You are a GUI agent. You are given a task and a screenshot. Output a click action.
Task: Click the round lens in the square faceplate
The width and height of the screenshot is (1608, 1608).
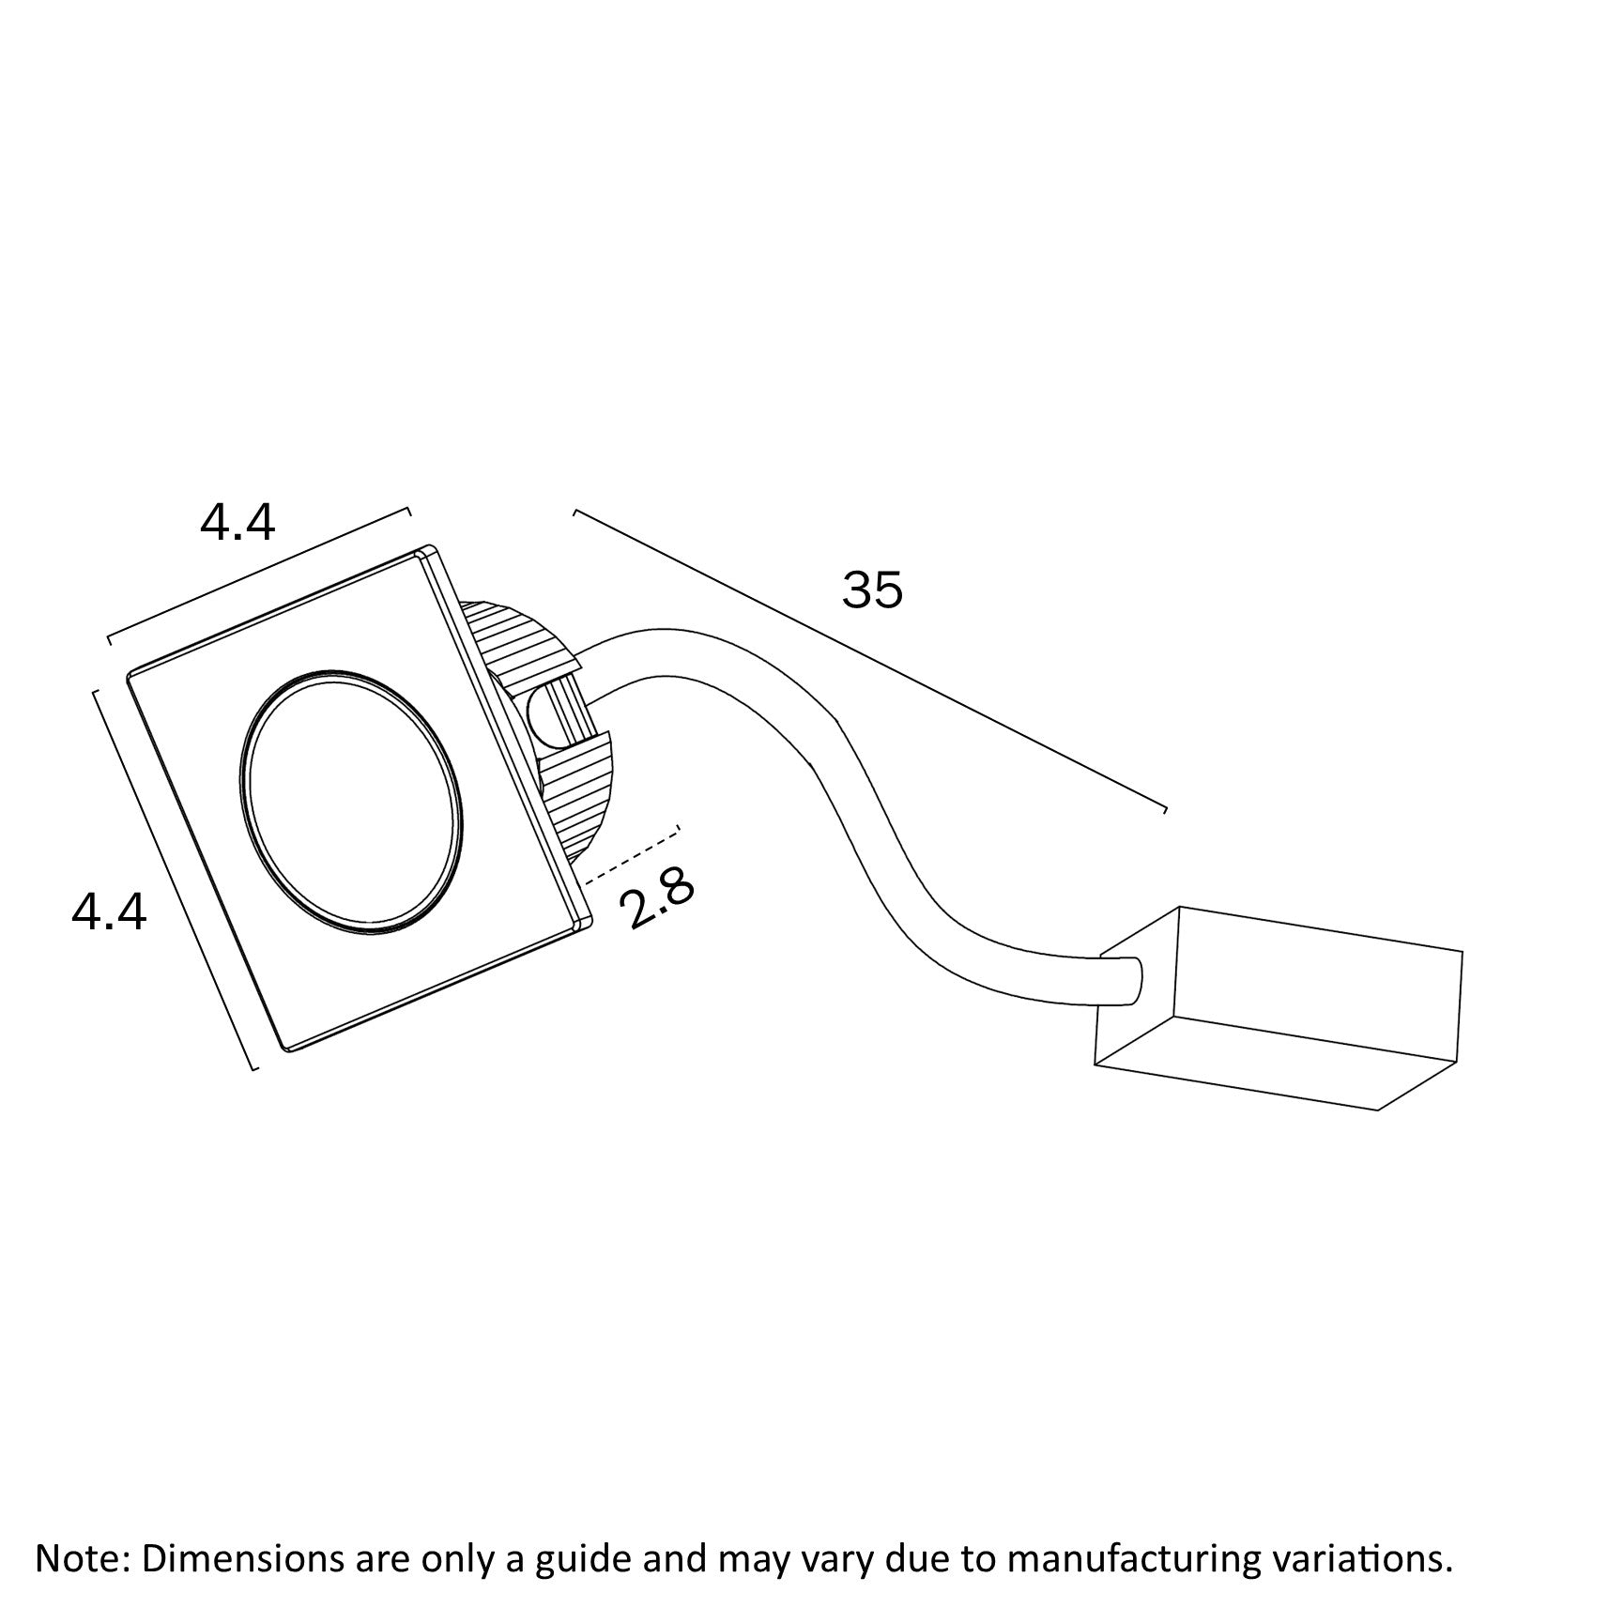[352, 803]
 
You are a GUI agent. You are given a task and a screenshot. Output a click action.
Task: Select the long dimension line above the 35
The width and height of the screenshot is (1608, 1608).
[870, 660]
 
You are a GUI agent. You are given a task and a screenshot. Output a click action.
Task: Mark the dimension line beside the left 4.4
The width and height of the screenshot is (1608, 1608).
[174, 880]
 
